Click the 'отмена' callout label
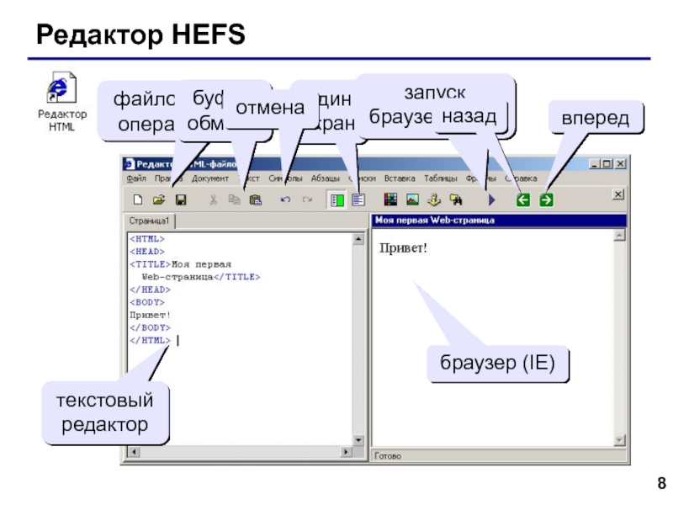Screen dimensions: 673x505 tap(268, 107)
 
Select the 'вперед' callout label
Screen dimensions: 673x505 tap(596, 117)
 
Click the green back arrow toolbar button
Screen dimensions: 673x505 tap(522, 200)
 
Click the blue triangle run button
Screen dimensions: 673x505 tap(491, 200)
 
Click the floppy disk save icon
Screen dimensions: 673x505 tap(180, 200)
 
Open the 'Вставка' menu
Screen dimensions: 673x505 tap(400, 178)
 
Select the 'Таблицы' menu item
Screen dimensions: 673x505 tap(441, 178)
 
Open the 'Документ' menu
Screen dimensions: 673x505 tap(210, 178)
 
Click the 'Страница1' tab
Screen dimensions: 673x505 tap(150, 221)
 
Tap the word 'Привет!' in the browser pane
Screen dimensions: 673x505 tap(403, 248)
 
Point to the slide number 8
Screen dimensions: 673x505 tap(661, 483)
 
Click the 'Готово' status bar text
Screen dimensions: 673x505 tap(388, 455)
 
